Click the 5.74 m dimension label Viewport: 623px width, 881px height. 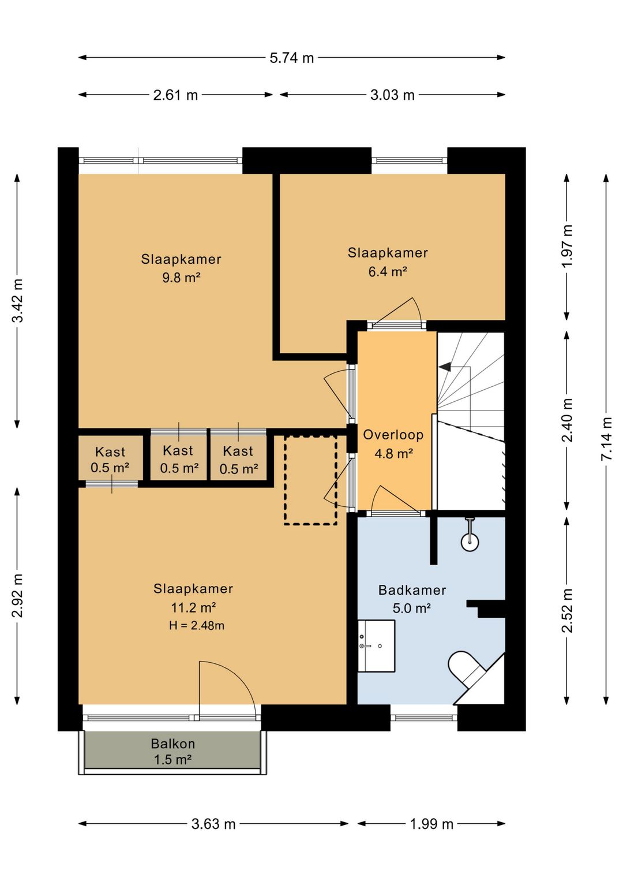(292, 58)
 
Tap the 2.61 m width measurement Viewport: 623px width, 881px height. (175, 95)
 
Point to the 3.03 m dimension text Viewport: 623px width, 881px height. (392, 95)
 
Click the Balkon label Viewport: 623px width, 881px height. (173, 744)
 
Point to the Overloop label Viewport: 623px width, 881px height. (393, 435)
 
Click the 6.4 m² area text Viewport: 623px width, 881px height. (387, 271)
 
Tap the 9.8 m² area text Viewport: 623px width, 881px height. (181, 278)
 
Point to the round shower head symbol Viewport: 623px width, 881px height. (470, 542)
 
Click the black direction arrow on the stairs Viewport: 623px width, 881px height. (445, 367)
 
